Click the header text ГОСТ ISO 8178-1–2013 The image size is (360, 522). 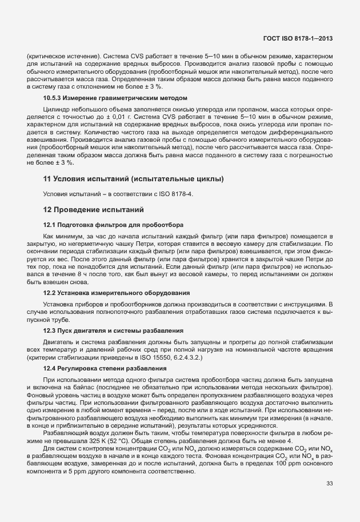pyautogui.click(x=299, y=38)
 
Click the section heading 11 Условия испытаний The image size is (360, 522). pyautogui.click(x=133, y=179)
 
